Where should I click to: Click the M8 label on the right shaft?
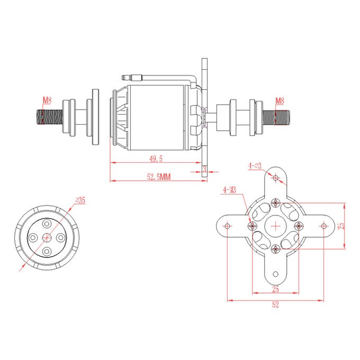tap(280, 100)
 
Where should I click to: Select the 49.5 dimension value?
tap(156, 159)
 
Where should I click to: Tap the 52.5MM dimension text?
tap(158, 177)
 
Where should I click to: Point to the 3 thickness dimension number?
tap(204, 168)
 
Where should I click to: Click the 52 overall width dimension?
tap(275, 304)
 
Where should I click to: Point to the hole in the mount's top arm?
tap(276, 177)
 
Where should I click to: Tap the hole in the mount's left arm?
tap(227, 225)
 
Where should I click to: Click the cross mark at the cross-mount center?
tap(276, 225)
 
